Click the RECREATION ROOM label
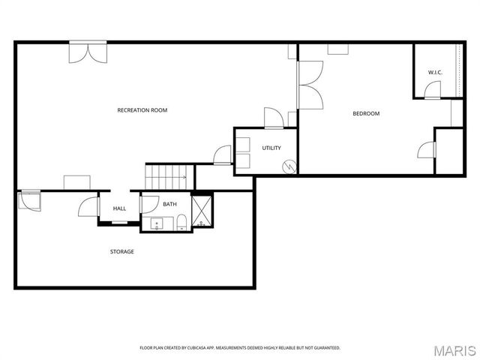142,110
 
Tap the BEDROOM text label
366,114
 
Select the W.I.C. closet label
435,72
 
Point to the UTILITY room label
271,148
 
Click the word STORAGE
121,251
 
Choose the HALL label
119,208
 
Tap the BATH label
170,204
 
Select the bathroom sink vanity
157,223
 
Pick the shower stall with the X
202,210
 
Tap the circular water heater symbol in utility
287,166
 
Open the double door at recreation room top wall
88,52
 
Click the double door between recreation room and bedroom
310,84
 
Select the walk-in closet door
432,91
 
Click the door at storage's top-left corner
31,202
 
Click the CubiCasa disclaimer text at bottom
240,348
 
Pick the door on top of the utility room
273,118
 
